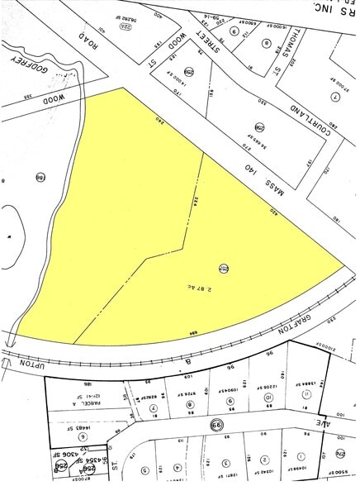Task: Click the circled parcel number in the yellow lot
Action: coord(224,266)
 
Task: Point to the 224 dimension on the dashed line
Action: coord(195,201)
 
